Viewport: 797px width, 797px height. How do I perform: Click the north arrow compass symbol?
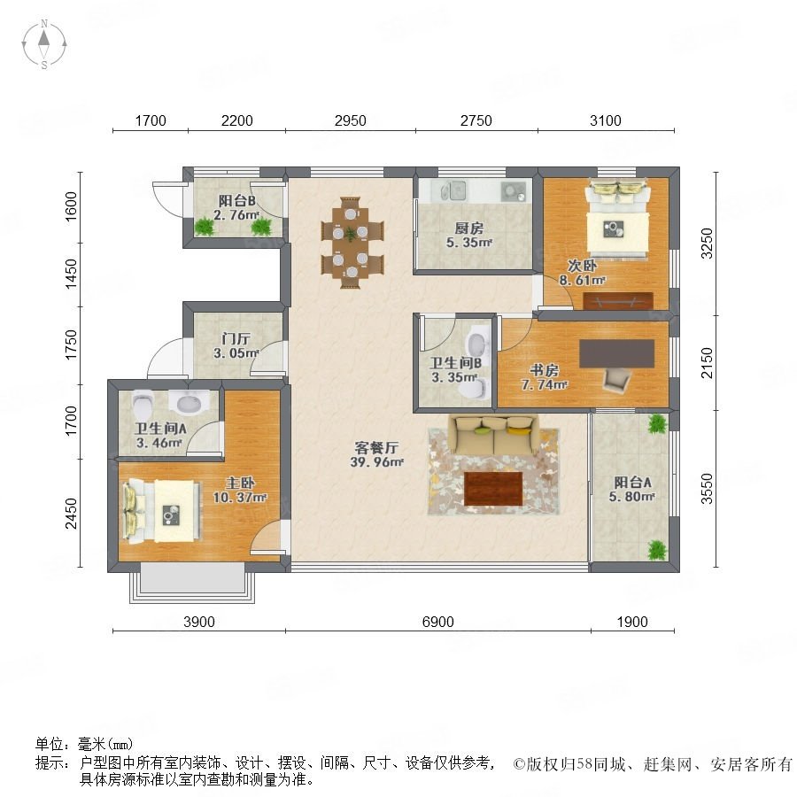tap(44, 44)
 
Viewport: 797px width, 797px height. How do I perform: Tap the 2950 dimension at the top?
tap(350, 120)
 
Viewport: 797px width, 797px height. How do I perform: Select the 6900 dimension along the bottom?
tap(437, 622)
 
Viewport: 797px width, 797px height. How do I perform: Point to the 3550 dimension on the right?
tap(707, 489)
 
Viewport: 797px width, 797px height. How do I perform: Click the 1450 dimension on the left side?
tap(71, 274)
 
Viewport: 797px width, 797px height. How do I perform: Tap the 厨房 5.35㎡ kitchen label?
tap(469, 236)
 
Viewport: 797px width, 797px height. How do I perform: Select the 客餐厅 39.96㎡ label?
tap(376, 454)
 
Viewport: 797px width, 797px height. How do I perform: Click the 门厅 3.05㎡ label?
tap(236, 345)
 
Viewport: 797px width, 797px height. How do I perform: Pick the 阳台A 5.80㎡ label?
tap(631, 489)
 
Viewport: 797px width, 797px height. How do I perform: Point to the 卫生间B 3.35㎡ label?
tap(455, 370)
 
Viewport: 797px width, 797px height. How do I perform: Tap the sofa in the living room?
tap(492, 435)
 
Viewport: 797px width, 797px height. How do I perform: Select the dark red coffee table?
tap(493, 489)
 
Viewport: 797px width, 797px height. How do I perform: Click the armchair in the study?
tap(617, 380)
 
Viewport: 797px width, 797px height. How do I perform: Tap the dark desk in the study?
tap(616, 353)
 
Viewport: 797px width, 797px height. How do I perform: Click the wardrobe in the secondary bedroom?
tap(617, 301)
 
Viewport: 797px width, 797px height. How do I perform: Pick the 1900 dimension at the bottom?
tap(632, 622)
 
